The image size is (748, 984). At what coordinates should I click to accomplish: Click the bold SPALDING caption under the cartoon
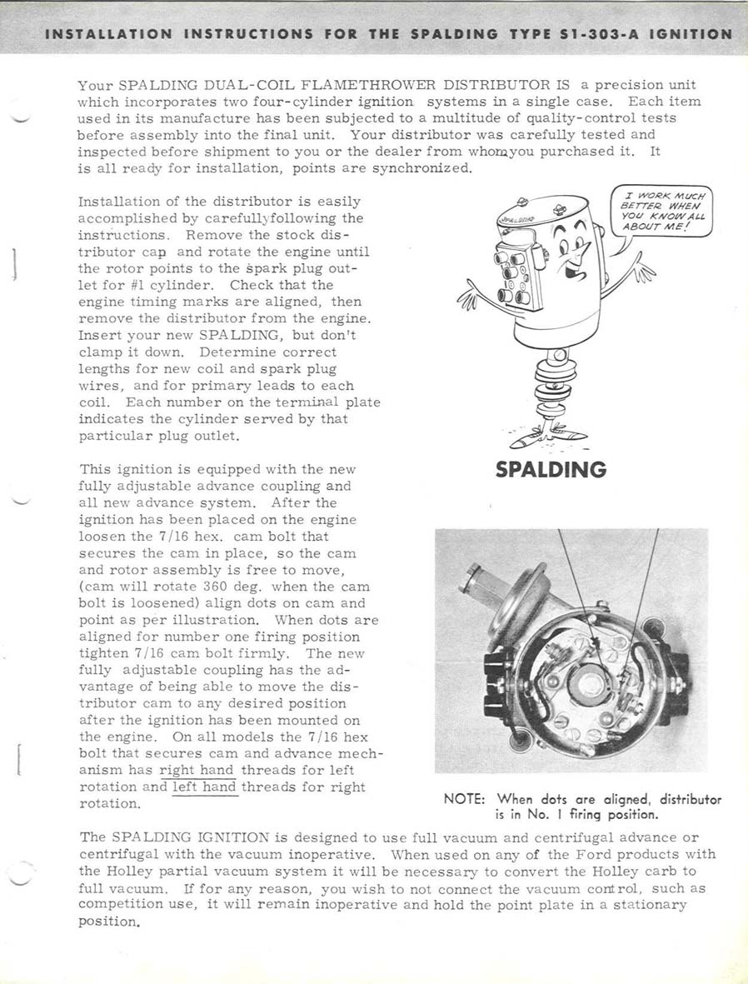[551, 470]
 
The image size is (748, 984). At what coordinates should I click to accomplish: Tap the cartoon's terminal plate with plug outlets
[512, 272]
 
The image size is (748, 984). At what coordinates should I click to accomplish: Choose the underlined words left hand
[204, 787]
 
